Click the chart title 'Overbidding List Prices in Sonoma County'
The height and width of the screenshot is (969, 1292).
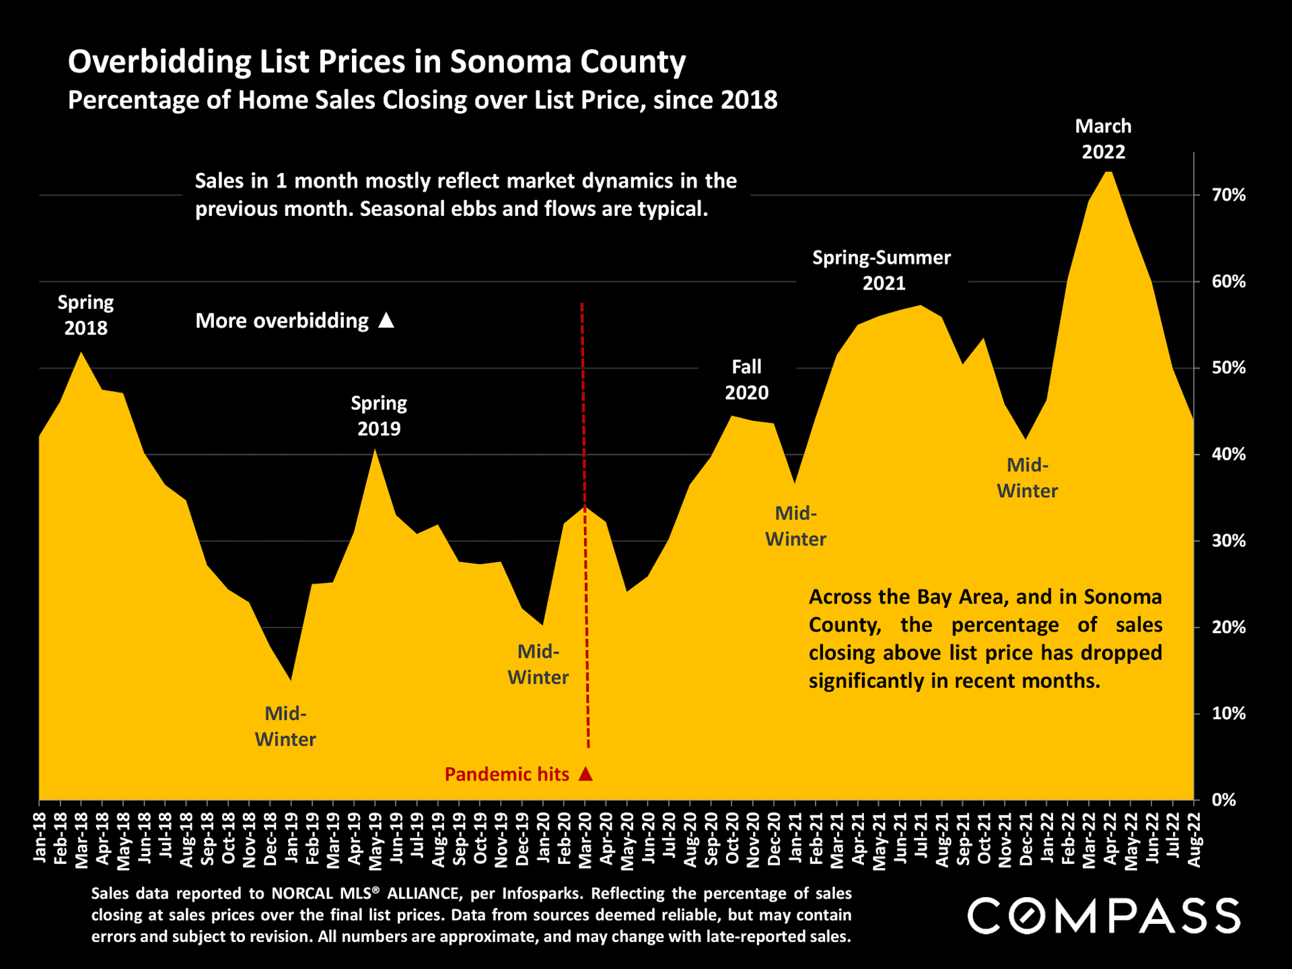[x=377, y=62]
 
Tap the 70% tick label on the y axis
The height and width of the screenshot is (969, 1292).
[x=1228, y=195]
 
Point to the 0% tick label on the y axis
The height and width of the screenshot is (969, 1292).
[x=1224, y=800]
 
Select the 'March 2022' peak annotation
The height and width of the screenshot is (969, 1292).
[x=1103, y=139]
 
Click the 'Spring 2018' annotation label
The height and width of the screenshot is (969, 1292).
[x=85, y=315]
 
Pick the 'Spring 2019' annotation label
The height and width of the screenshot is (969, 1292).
[x=379, y=416]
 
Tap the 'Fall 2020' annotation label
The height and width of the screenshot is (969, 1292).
[x=746, y=380]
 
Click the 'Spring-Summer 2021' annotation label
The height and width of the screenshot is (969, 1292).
[x=882, y=270]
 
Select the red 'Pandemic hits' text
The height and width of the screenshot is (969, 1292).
[x=507, y=775]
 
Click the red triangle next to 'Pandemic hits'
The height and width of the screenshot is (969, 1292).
[x=586, y=774]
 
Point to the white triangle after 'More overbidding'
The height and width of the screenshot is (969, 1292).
[x=386, y=320]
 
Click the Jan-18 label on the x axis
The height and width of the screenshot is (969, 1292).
[x=40, y=837]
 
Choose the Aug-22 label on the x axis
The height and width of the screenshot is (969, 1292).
[x=1194, y=840]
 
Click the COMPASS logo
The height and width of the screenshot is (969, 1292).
[x=1104, y=916]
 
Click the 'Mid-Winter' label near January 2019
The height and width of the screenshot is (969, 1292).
[x=285, y=726]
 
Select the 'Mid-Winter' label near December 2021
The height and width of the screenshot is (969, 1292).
[x=1027, y=478]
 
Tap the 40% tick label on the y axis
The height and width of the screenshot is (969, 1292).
[x=1228, y=454]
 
